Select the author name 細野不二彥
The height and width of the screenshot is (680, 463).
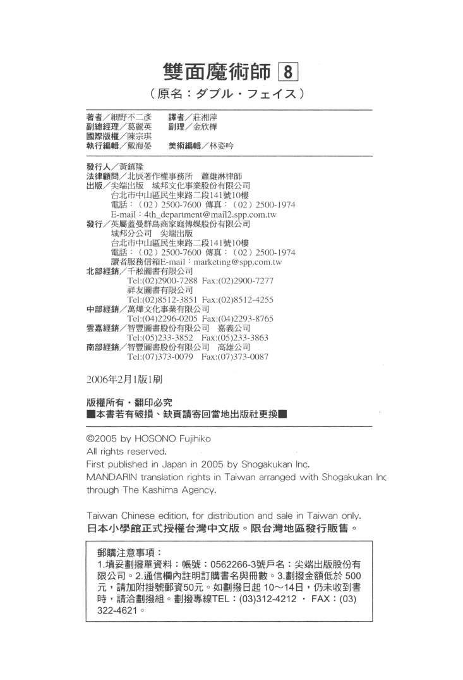click(x=131, y=118)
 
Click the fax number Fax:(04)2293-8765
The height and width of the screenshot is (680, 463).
click(x=242, y=318)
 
